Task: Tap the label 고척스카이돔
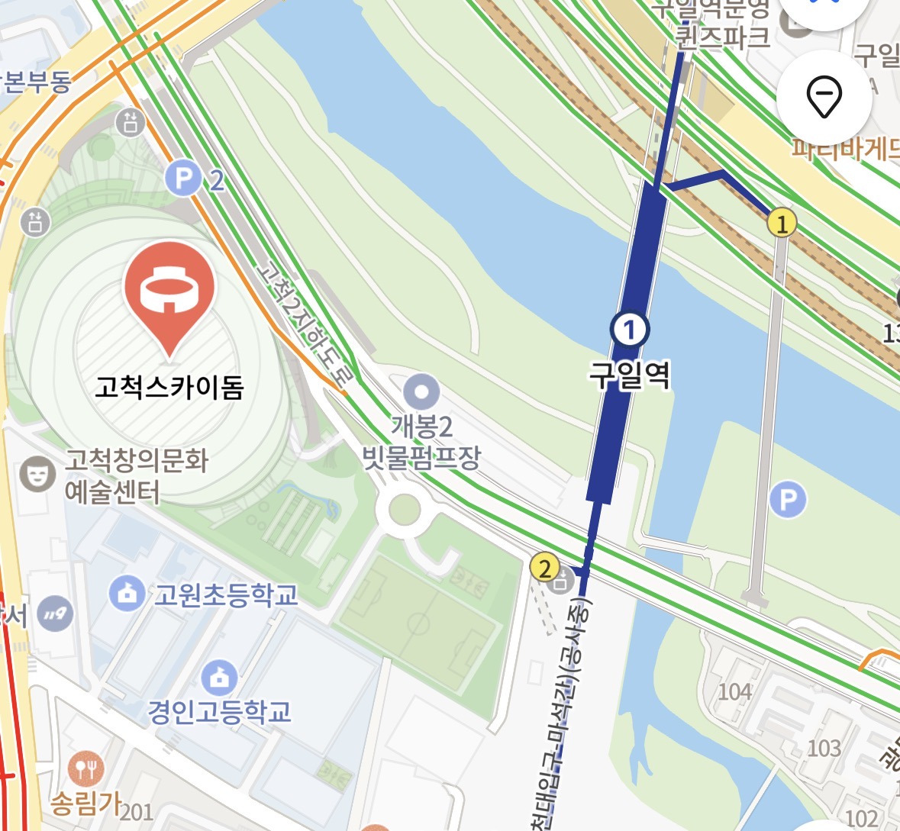pyautogui.click(x=169, y=388)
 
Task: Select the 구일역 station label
pyautogui.click(x=630, y=375)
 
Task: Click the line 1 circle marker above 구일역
pyautogui.click(x=630, y=330)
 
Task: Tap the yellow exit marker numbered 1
pyautogui.click(x=781, y=224)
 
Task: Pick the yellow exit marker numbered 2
pyautogui.click(x=544, y=568)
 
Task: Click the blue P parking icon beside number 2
pyautogui.click(x=183, y=180)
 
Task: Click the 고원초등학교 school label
pyautogui.click(x=226, y=594)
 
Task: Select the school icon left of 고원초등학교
pyautogui.click(x=127, y=593)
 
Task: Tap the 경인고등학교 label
pyautogui.click(x=220, y=711)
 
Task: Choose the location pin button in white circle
pyautogui.click(x=824, y=97)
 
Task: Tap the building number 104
pyautogui.click(x=735, y=691)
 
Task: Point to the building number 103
pyautogui.click(x=824, y=747)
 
